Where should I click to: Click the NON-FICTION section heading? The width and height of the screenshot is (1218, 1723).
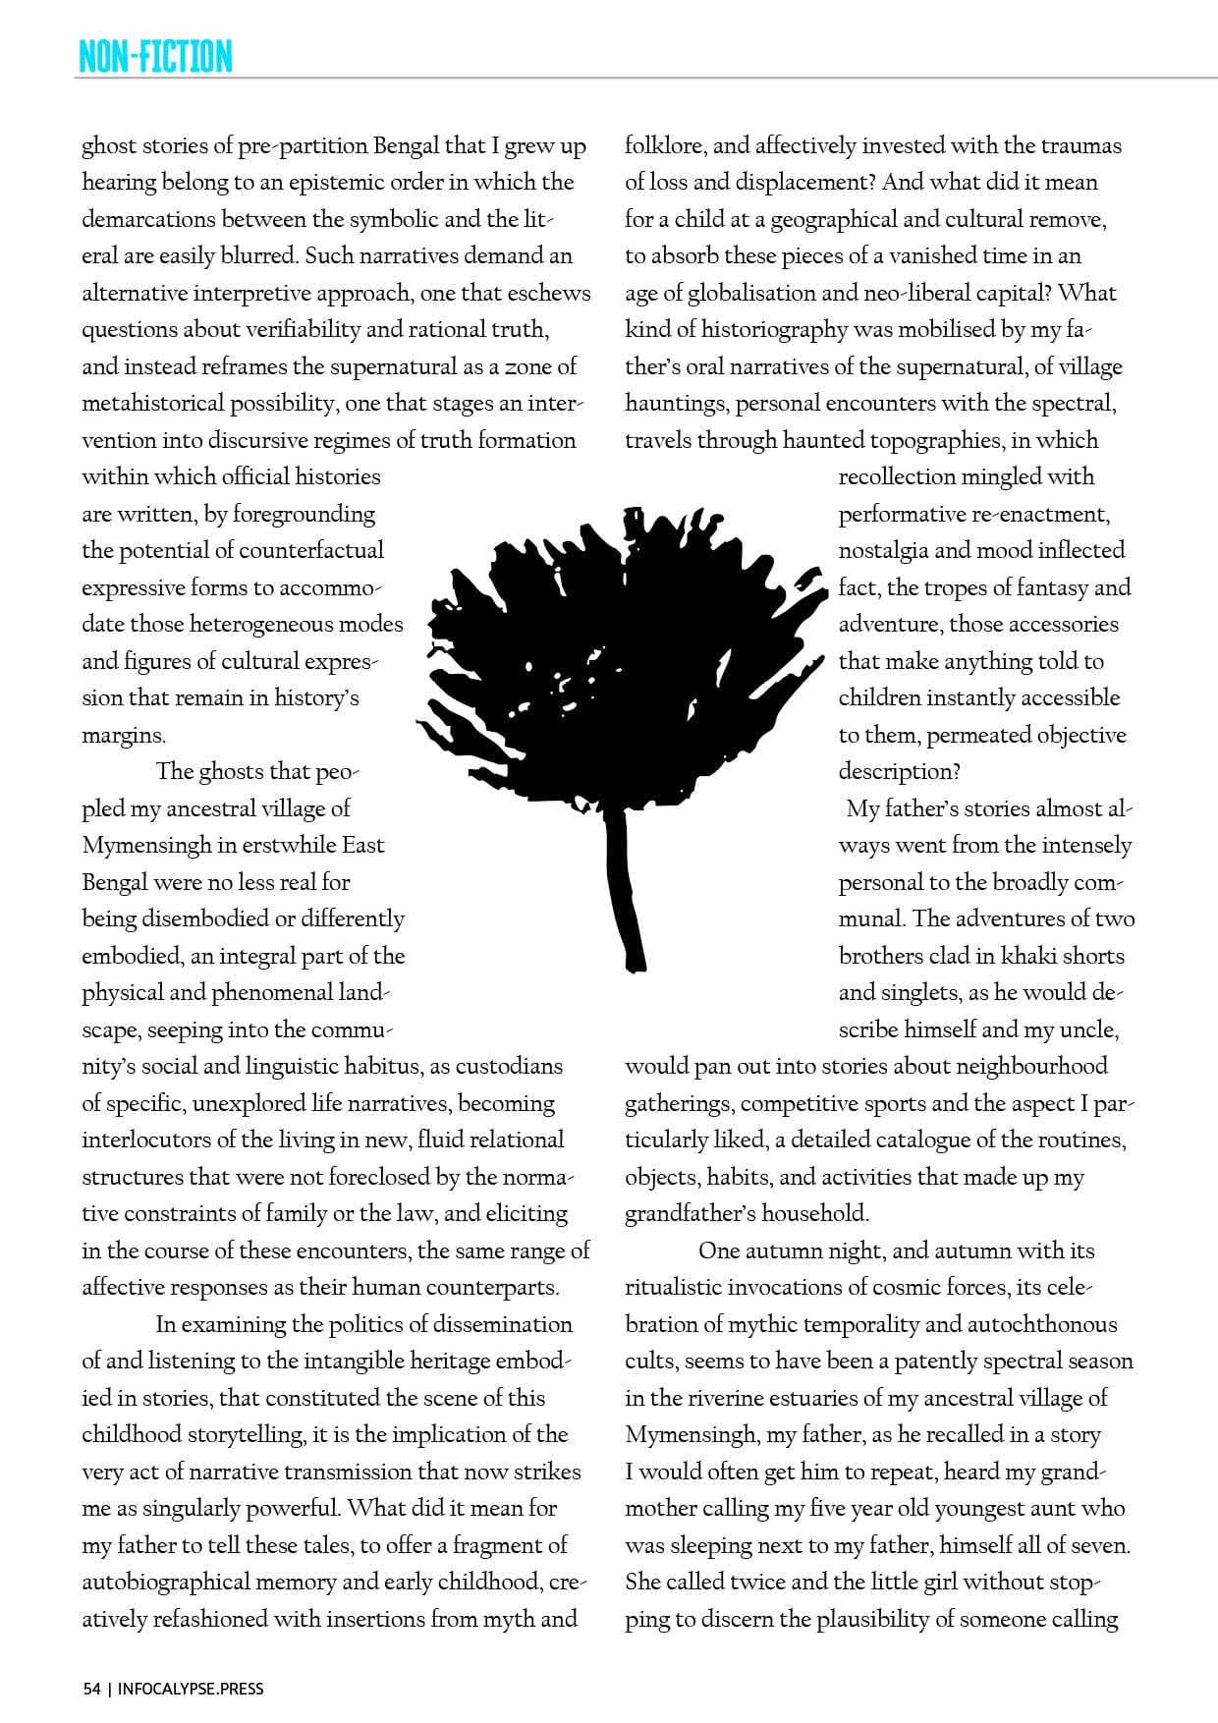(155, 56)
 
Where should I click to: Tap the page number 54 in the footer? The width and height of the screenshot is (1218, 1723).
(91, 1689)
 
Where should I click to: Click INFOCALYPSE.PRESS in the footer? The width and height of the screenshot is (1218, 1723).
(191, 1689)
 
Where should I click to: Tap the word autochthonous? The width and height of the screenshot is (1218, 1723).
(1041, 1324)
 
